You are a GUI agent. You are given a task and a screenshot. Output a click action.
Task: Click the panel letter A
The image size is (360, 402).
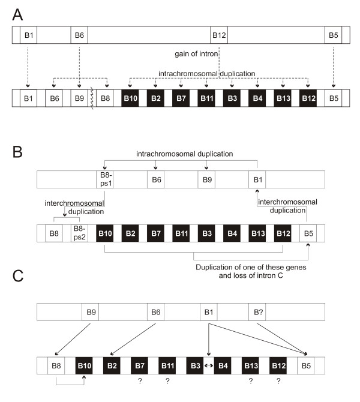17,14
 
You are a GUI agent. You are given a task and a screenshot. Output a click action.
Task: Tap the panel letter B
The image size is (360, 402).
17,152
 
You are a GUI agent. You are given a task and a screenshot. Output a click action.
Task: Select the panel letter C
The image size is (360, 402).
18,276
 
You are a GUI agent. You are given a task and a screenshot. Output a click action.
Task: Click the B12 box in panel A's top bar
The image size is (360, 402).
219,35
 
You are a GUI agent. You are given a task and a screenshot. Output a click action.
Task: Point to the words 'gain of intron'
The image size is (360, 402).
196,54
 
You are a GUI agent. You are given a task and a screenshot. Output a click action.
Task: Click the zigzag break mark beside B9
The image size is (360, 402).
92,98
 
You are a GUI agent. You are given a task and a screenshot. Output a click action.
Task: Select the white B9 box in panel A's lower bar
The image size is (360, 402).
79,98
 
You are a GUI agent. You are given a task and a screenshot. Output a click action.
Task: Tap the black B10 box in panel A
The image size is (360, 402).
130,98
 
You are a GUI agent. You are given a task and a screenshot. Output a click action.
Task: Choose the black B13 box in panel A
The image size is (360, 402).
283,98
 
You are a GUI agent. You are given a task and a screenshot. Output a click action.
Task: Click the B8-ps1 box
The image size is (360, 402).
105,179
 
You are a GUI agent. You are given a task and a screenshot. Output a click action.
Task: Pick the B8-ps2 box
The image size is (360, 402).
79,233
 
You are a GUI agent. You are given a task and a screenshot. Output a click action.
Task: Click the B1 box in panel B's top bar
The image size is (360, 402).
257,179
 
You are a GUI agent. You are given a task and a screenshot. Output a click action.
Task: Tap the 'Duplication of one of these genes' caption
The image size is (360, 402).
251,267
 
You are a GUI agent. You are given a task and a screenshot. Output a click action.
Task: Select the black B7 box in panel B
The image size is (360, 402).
155,233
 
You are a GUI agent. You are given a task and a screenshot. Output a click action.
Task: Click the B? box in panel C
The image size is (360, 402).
257,312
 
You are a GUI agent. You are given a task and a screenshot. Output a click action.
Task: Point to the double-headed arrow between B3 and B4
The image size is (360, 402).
209,365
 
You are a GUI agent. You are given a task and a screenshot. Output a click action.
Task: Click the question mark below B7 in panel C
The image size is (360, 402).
140,381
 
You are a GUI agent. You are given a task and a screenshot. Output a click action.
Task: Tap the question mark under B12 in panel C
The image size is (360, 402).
278,381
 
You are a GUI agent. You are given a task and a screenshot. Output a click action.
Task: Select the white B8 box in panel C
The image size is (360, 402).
56,365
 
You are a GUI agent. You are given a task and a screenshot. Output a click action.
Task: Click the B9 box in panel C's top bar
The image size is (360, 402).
91,312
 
